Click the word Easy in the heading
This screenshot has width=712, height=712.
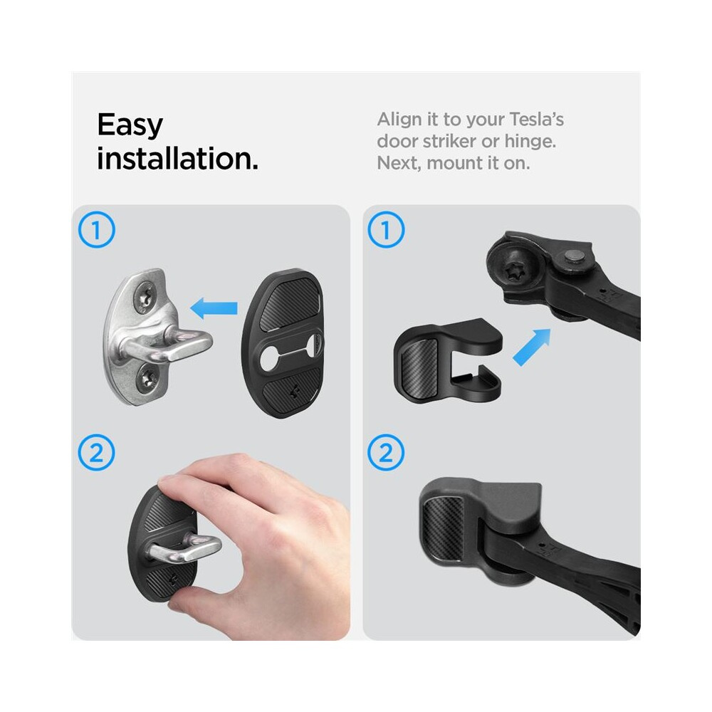[130, 125]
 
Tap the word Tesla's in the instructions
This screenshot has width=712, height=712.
[536, 120]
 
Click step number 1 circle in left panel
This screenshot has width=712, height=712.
[96, 230]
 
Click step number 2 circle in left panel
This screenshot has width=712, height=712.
[96, 453]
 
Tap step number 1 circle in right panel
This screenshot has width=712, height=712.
[386, 230]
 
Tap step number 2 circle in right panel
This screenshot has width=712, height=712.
[386, 453]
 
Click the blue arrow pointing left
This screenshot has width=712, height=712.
[214, 308]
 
